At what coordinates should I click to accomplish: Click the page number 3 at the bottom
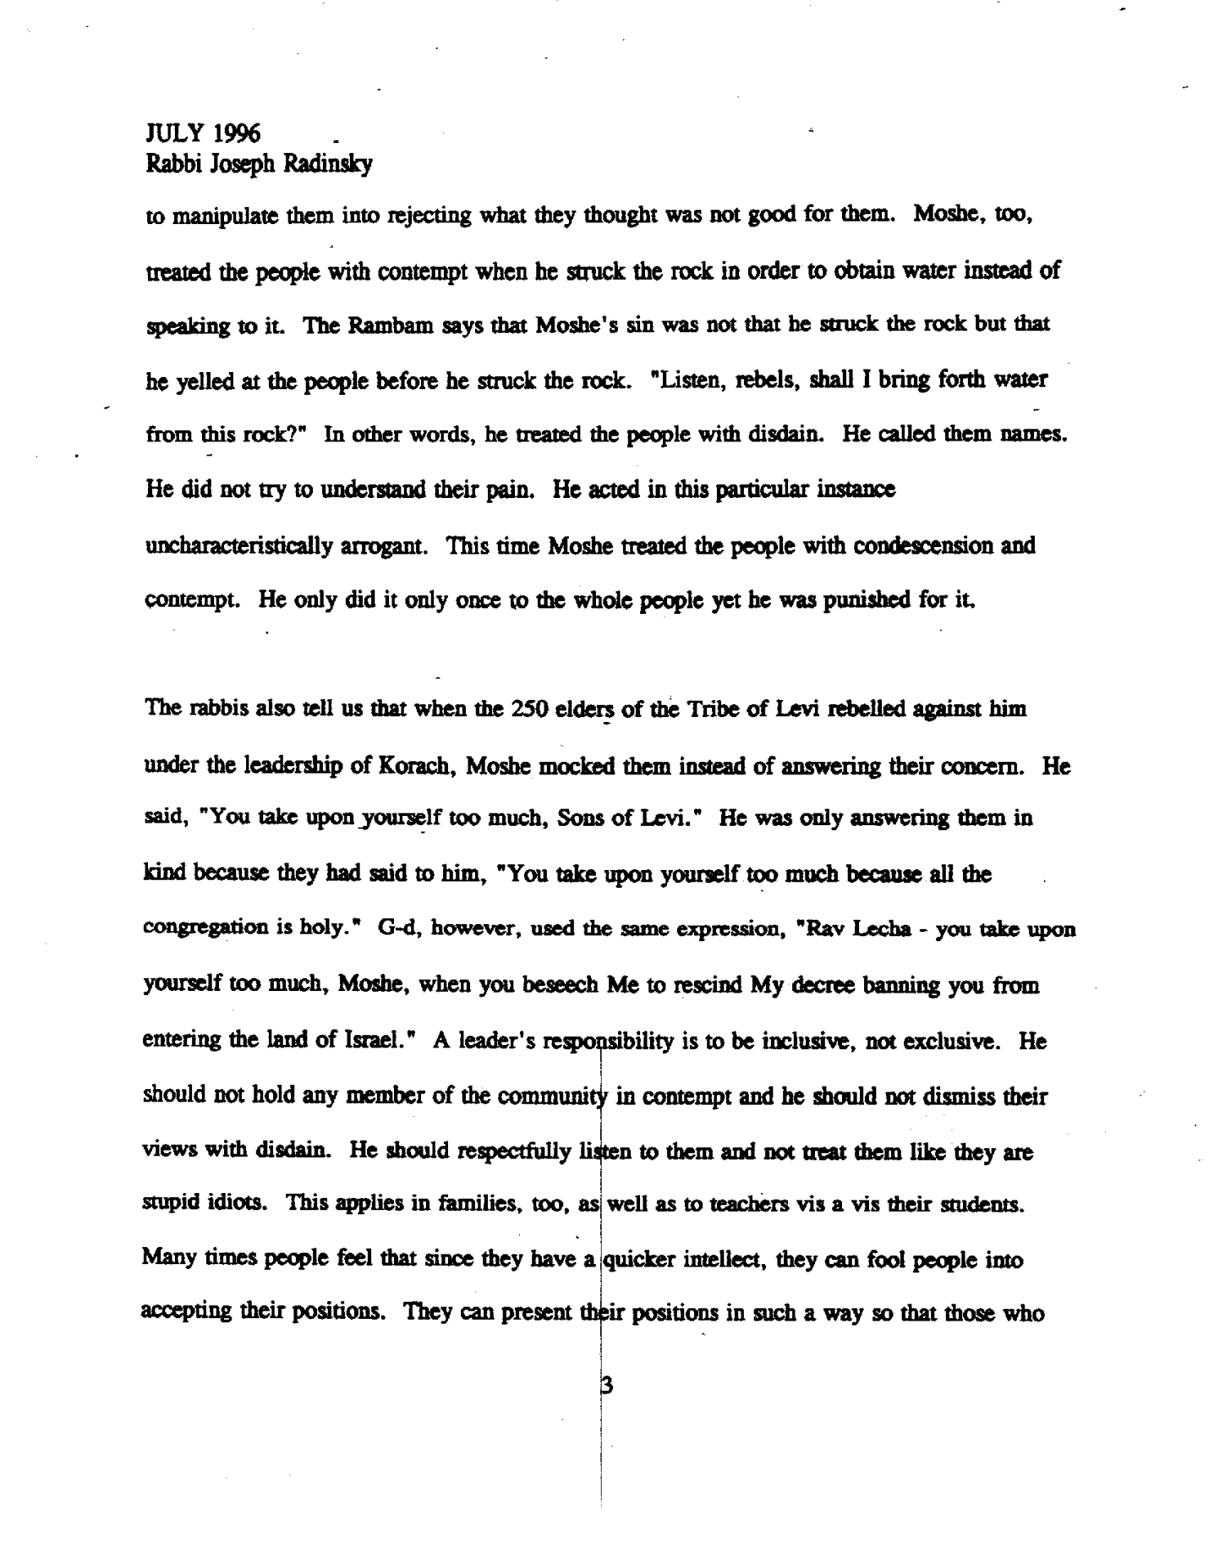pyautogui.click(x=605, y=1387)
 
